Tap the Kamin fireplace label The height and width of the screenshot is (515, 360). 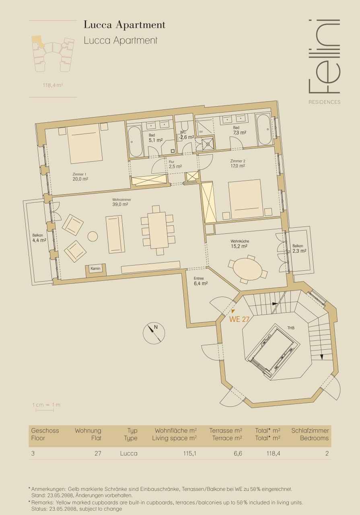click(x=95, y=269)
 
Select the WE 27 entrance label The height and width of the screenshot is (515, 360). click(x=240, y=319)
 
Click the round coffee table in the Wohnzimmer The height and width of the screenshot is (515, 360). click(x=93, y=236)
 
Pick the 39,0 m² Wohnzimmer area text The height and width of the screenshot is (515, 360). click(x=121, y=204)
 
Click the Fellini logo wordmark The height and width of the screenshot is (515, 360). click(x=323, y=56)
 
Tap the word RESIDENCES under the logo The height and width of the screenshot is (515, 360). click(x=324, y=102)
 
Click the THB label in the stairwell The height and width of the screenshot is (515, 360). click(x=291, y=328)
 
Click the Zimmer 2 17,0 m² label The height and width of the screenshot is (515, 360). click(x=238, y=163)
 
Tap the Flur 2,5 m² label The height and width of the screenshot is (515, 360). click(x=175, y=164)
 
